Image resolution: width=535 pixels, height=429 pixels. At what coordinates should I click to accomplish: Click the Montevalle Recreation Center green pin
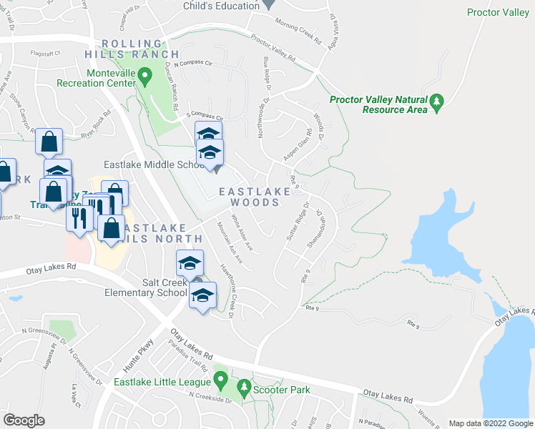[x=144, y=74]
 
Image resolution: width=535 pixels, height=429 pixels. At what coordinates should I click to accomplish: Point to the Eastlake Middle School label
[x=154, y=165]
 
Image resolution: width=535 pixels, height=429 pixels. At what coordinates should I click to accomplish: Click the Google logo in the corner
[x=24, y=420]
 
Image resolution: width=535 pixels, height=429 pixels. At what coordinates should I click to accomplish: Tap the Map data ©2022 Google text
[x=490, y=423]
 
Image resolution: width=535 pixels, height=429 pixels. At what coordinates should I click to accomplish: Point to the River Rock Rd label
[x=96, y=124]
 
